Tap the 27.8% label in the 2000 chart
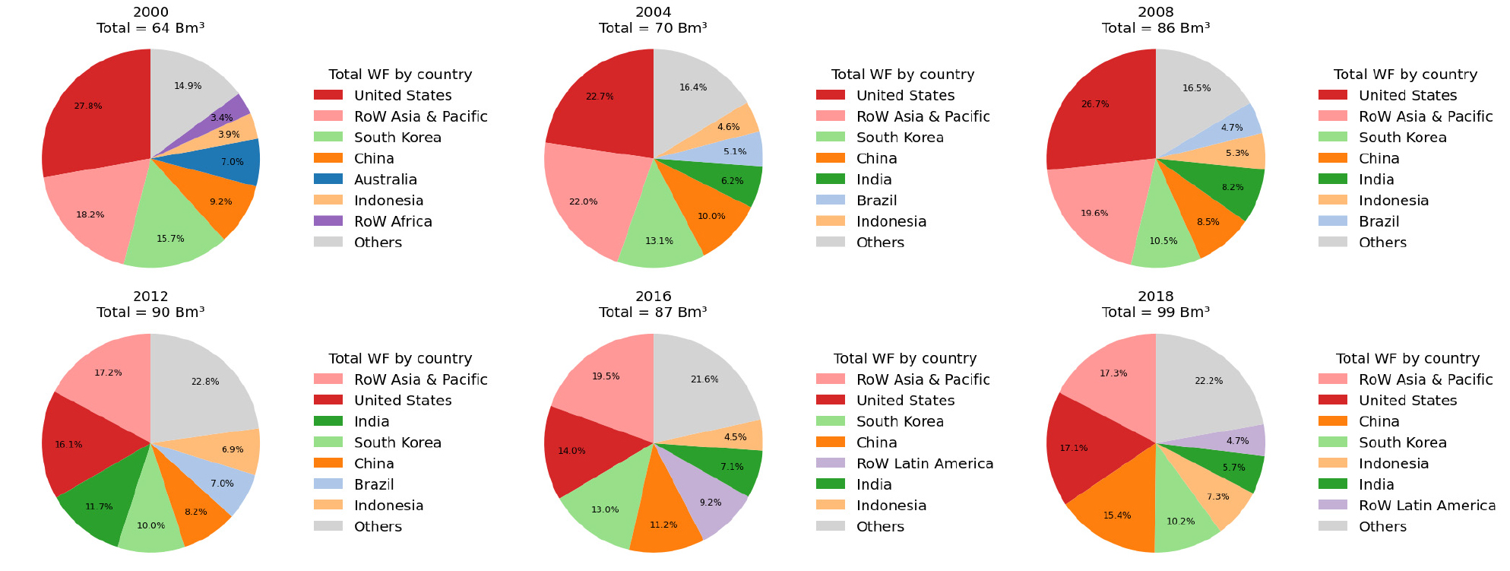click(88, 106)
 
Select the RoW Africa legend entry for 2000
click(393, 221)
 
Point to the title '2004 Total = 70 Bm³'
click(653, 21)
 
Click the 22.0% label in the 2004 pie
click(584, 201)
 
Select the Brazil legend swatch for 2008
click(1333, 221)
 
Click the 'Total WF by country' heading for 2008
click(1405, 75)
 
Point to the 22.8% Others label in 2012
click(205, 382)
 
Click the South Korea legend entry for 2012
click(397, 443)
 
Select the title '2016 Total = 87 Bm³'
click(653, 304)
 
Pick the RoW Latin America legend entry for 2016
click(925, 464)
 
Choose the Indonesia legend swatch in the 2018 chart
click(1333, 464)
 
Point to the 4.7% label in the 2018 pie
click(1237, 441)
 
